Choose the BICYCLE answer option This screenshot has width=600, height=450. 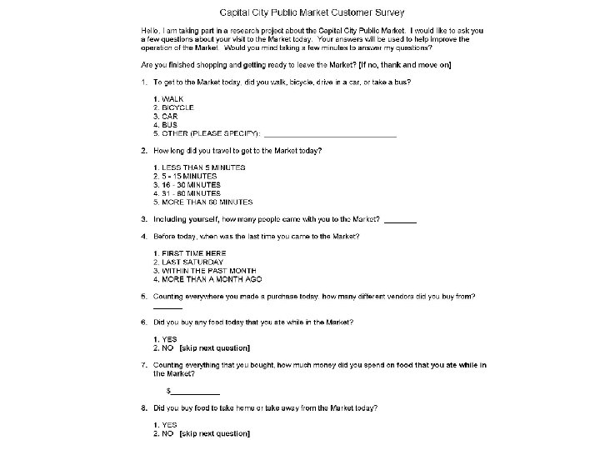(177, 107)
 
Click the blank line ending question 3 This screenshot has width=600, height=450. (401, 221)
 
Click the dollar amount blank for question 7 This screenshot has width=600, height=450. (196, 392)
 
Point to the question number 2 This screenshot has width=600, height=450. (144, 151)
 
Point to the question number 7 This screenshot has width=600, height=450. (144, 365)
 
